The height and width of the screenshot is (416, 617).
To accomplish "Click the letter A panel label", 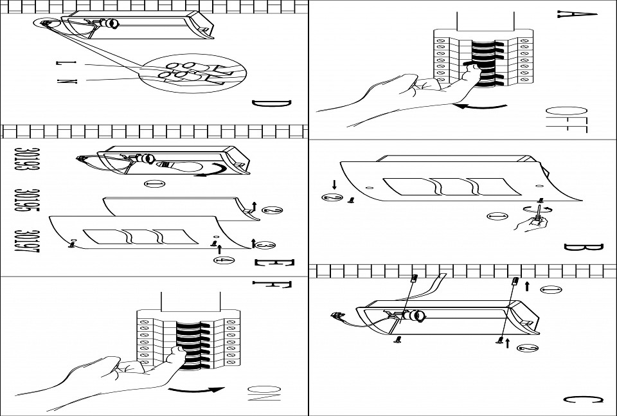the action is pos(577,14).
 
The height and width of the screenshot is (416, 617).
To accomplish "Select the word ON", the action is pos(264,393).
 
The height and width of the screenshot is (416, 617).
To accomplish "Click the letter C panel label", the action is pos(583,399).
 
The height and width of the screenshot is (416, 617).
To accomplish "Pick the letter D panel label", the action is pos(271,104).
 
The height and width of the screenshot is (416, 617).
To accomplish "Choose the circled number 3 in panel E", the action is pos(265,245).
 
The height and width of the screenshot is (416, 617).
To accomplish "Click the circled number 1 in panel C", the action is pos(551,290).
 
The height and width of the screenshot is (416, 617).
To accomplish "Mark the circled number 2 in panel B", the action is pos(332,197).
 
